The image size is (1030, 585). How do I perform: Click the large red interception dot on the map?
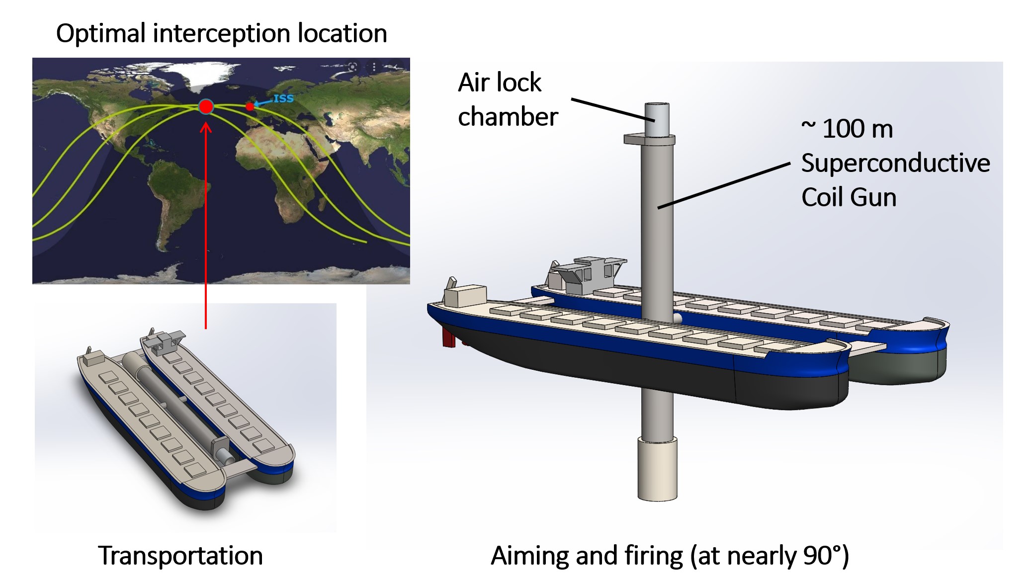pos(206,106)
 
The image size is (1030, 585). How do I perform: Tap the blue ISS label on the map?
pos(283,98)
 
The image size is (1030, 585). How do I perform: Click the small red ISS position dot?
pos(250,106)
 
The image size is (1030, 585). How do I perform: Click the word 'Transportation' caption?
pos(180,555)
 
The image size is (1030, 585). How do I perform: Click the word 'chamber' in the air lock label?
pos(508,117)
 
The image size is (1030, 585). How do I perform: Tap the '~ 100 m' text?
pos(847,129)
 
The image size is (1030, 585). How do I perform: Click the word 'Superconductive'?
pos(895,163)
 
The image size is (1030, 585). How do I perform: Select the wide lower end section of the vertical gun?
pos(657,468)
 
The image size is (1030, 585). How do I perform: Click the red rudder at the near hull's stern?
pos(448,338)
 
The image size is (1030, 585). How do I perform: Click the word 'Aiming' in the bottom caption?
pos(529,555)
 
